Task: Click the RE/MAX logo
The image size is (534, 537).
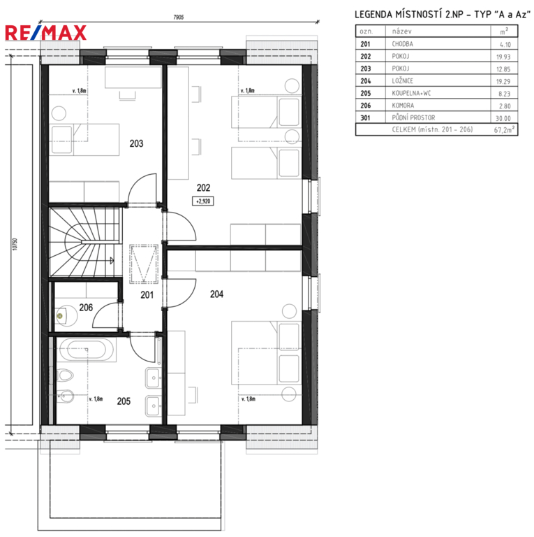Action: coord(45,33)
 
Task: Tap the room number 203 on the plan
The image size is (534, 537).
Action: coord(136,143)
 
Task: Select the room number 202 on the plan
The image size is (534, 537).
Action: coord(203,187)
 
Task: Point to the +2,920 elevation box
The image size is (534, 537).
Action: coord(203,201)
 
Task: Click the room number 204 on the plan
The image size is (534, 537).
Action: coord(217,294)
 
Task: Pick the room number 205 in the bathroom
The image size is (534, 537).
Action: coord(124,401)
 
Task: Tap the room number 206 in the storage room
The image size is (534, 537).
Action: coord(86,308)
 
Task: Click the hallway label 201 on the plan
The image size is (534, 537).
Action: coord(147,295)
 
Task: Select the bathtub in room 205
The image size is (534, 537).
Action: coord(86,350)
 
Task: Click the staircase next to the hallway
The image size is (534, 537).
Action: coord(85,242)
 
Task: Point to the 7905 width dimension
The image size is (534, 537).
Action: coord(179,17)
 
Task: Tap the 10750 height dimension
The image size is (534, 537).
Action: coord(15,244)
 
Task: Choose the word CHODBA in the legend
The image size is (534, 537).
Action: coord(402,44)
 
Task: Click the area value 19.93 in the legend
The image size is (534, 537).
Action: coord(503,57)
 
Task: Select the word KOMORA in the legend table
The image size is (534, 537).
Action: coord(403,106)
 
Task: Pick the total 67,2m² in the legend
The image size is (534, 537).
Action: coord(504,129)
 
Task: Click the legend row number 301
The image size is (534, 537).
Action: coord(365,117)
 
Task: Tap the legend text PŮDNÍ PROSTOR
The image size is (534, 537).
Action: coord(413,117)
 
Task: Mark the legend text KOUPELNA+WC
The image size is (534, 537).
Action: coord(411,93)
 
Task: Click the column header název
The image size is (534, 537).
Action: coord(401,31)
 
